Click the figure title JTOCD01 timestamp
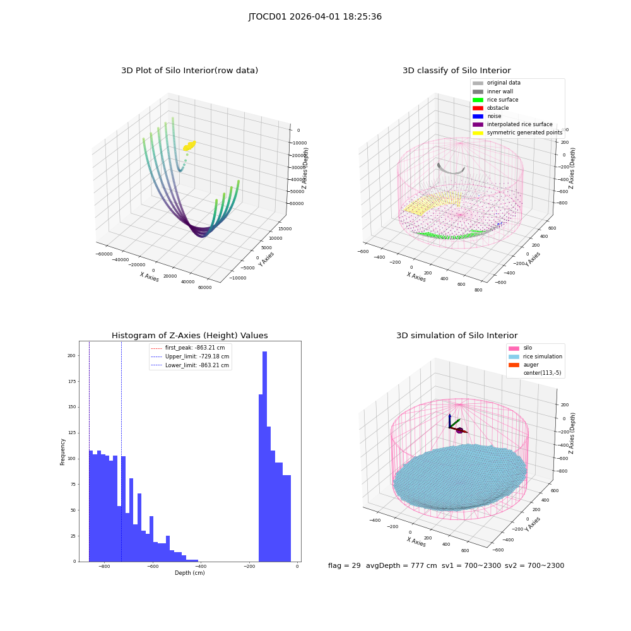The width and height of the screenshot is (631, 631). click(315, 17)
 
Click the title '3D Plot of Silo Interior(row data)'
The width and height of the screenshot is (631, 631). click(189, 71)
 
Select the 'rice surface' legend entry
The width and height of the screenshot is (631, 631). click(495, 100)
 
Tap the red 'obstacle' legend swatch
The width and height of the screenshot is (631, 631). click(478, 108)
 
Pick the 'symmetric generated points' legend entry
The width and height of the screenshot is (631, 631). click(517, 133)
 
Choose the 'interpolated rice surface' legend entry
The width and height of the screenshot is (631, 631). click(512, 124)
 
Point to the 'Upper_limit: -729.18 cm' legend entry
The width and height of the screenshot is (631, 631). click(190, 357)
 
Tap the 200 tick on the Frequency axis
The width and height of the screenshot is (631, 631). click(71, 356)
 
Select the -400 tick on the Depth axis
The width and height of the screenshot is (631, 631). click(201, 567)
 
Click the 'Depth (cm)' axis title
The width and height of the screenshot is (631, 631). click(189, 573)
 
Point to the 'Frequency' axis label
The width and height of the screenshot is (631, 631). click(62, 452)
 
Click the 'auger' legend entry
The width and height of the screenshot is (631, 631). click(524, 365)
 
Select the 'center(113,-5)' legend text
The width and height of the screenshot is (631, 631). click(542, 373)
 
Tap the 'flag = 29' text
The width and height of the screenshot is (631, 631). click(344, 566)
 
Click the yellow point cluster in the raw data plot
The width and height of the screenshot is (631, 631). click(189, 146)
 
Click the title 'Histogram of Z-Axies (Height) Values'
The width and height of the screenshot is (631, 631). click(189, 336)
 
